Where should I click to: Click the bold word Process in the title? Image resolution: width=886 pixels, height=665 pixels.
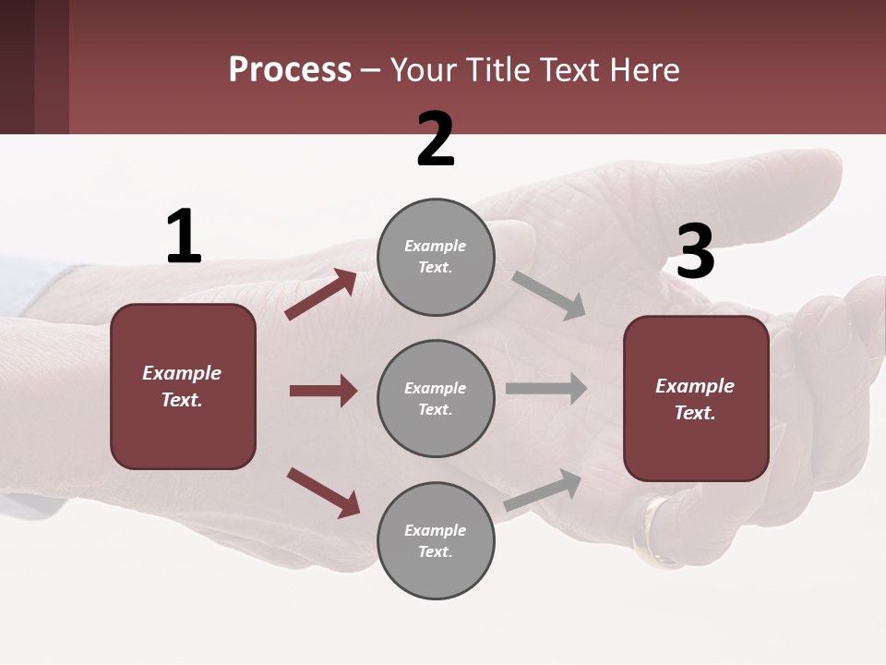point(290,69)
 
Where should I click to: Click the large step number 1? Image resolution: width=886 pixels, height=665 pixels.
point(184,236)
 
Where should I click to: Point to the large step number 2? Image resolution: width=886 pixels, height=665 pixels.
point(436,139)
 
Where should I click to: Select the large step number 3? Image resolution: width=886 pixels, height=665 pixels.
point(695,252)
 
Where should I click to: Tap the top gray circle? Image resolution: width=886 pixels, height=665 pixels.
point(436,257)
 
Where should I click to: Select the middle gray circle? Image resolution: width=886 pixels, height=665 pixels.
point(436,398)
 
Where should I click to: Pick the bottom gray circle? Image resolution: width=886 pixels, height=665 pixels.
point(436,540)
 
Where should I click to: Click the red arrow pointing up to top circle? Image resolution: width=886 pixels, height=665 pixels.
point(321,294)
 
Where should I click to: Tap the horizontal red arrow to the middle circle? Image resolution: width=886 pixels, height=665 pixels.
point(323,391)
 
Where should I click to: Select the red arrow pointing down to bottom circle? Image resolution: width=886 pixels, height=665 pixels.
point(323,492)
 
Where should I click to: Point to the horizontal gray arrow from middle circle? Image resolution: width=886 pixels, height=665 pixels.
point(545,388)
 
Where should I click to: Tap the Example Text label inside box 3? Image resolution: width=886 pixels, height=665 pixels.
point(695,399)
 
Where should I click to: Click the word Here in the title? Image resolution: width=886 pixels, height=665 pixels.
point(646,69)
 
